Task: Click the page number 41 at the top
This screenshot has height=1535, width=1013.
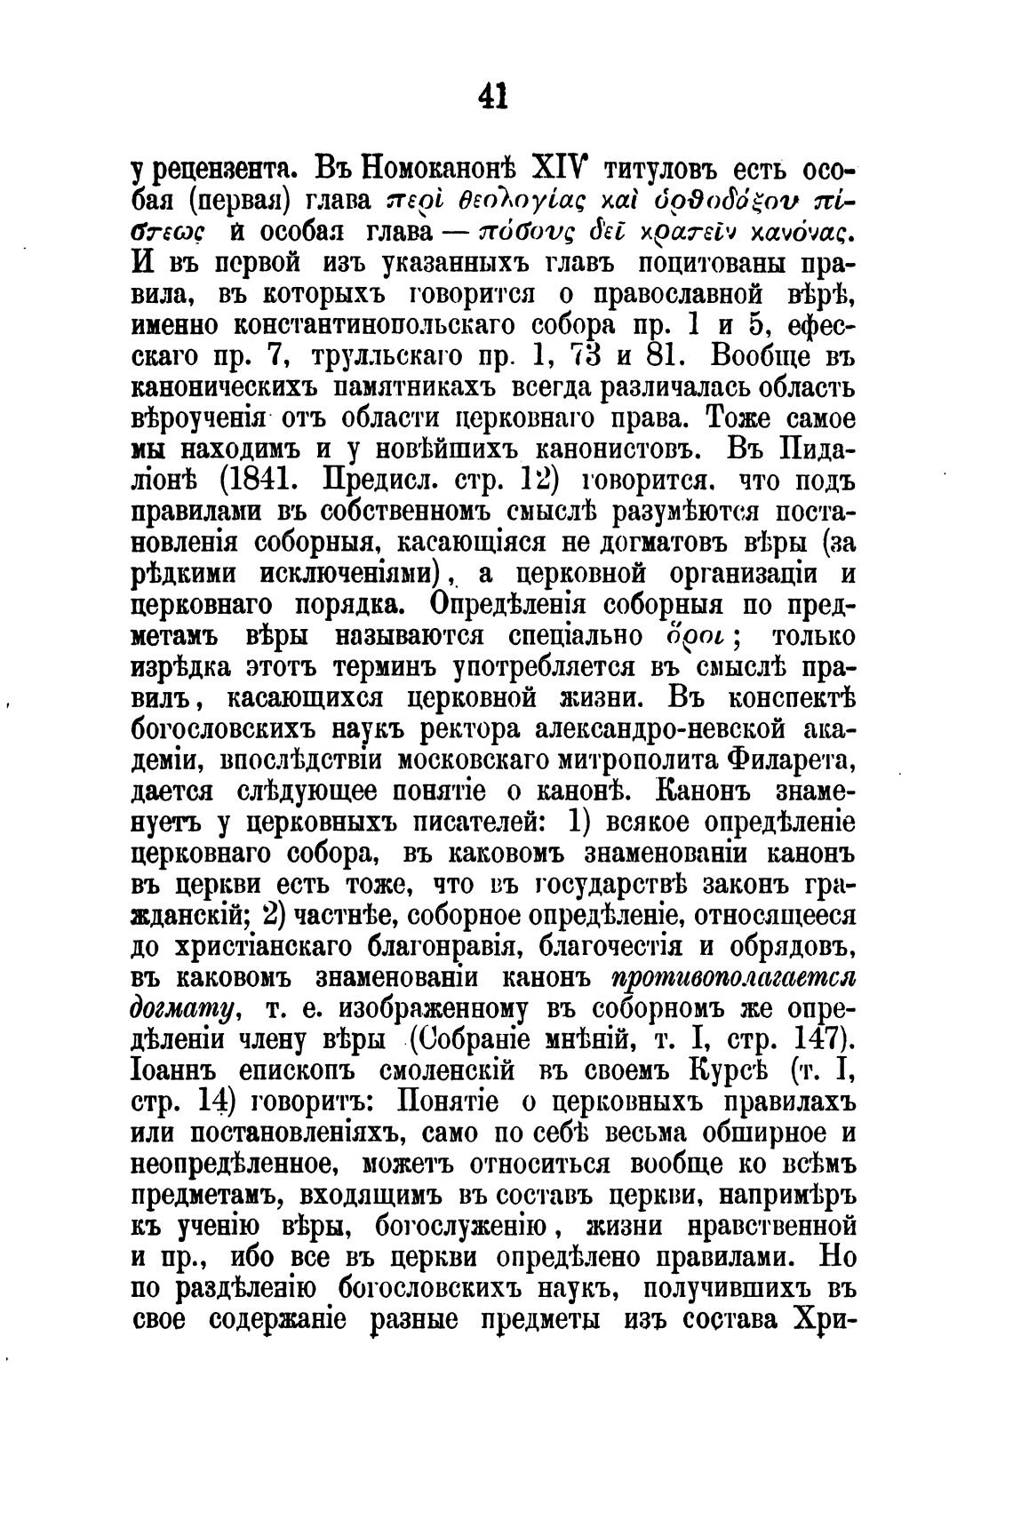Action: [x=492, y=95]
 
